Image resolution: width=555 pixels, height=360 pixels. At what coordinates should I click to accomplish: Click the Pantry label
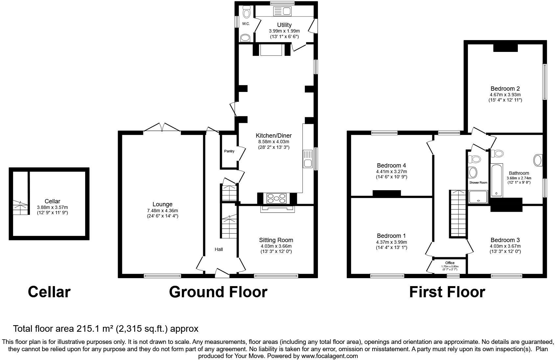coord(229,151)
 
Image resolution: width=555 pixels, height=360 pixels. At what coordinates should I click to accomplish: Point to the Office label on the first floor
coord(449,263)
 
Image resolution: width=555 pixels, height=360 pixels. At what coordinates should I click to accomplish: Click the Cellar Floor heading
coord(49,292)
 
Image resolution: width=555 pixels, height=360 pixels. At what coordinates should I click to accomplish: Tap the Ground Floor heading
coord(218,292)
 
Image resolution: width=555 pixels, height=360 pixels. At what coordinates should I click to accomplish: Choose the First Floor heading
coord(447,292)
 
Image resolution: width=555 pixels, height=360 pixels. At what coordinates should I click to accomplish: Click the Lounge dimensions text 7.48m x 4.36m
coord(163,211)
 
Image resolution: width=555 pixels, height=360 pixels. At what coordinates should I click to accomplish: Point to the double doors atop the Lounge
coord(162,127)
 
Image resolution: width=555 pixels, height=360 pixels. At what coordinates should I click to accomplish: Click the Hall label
coord(219,249)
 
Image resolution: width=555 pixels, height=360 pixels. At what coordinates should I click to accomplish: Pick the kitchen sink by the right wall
coord(308,159)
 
